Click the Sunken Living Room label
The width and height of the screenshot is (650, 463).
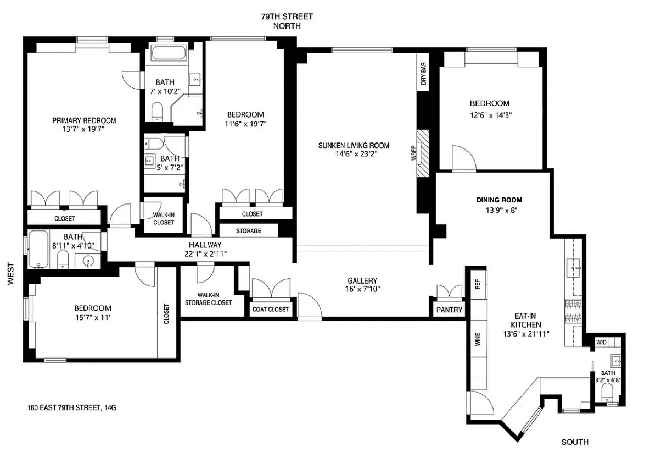click(x=354, y=146)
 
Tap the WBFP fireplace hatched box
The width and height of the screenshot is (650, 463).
click(x=422, y=153)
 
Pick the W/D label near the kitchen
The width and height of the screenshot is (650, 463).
click(x=602, y=342)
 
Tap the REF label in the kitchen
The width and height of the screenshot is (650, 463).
click(x=477, y=284)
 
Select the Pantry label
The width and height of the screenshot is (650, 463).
click(x=450, y=310)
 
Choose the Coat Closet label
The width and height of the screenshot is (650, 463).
click(x=270, y=309)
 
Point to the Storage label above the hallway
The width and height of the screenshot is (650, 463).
click(x=249, y=231)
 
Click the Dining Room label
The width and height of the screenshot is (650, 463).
click(x=499, y=200)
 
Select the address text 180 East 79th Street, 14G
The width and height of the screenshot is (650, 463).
click(x=72, y=408)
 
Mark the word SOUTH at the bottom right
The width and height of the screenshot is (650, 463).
click(x=575, y=442)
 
